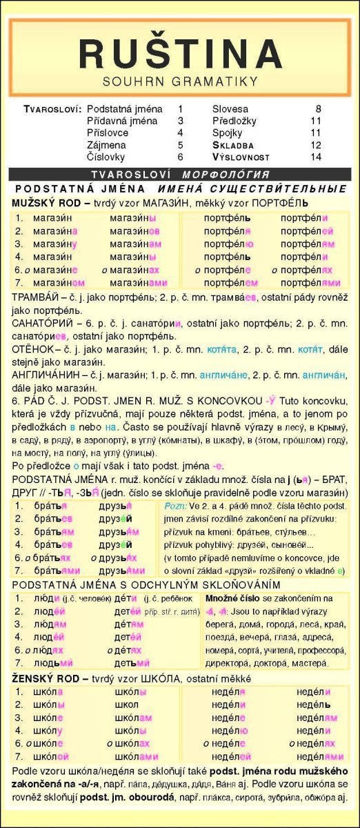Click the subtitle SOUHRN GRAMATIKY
point(180,81)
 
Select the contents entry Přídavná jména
point(123,121)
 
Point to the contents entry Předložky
point(237,121)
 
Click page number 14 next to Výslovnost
point(316,157)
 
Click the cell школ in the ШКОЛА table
point(125,705)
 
